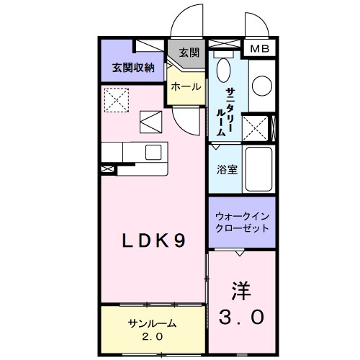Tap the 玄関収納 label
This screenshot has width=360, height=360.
(133, 68)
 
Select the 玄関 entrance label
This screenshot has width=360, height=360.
(189, 53)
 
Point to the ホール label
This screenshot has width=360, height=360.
(185, 86)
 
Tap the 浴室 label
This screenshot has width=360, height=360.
(225, 171)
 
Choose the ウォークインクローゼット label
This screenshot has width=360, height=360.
(242, 222)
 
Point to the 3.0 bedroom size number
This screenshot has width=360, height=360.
(242, 317)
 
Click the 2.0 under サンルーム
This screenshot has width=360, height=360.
(151, 336)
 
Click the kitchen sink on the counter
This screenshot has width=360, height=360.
(153, 151)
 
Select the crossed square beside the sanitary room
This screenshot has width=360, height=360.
(256, 127)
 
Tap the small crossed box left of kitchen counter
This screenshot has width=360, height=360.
(107, 169)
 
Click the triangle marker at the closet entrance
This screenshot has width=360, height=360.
(238, 253)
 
